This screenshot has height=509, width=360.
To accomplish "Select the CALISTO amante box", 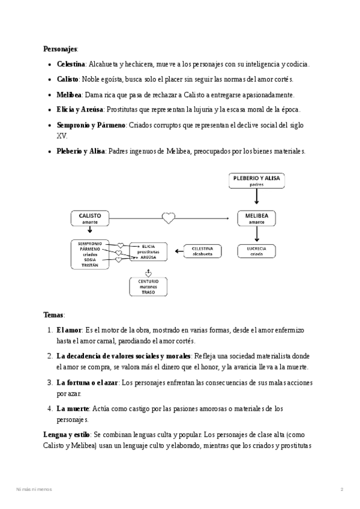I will pos(89,218).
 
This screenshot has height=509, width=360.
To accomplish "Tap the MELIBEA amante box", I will pos(257,218).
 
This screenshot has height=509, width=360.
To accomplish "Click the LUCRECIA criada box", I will pos(257,250).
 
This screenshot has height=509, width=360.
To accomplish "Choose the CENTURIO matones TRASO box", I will pos(148,287).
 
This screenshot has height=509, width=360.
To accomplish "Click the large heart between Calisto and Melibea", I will pos(169,218).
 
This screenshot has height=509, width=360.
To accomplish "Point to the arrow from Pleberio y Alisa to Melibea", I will pos(257,199).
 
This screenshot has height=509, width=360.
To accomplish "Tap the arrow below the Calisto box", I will pos(89,232).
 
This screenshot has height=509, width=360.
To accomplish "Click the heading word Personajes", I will pos(61,49).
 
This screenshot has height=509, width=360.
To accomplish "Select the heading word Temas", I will pos(54,315).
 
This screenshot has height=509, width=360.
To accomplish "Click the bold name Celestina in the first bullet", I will pos(71,64).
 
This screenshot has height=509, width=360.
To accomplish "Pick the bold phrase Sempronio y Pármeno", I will pos(91,125).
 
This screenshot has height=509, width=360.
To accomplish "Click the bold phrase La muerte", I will pos(76,409).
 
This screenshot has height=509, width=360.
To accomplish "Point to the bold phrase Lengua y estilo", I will pos(67,434).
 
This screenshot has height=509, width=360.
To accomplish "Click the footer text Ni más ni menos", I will pos(34,490).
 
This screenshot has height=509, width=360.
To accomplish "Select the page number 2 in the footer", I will pos(341,490).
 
